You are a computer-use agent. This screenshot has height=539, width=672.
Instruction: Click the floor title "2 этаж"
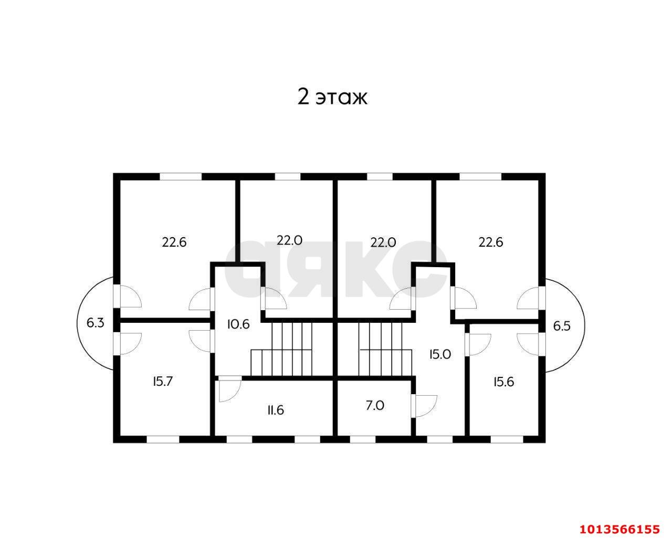pyautogui.click(x=332, y=97)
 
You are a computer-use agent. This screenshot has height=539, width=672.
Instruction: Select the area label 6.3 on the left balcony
pyautogui.click(x=95, y=323)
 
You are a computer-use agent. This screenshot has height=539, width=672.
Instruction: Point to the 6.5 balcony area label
pyautogui.click(x=562, y=326)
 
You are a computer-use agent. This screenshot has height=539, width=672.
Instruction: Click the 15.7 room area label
pyautogui.click(x=163, y=382)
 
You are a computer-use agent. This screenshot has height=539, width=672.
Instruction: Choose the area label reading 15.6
pyautogui.click(x=503, y=382)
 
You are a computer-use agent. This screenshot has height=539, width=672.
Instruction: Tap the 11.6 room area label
pyautogui.click(x=276, y=410)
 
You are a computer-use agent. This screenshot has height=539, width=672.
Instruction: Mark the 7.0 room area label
pyautogui.click(x=375, y=405)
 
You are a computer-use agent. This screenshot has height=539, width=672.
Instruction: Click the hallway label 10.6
pyautogui.click(x=238, y=324)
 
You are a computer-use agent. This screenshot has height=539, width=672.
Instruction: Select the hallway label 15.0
pyautogui.click(x=440, y=354)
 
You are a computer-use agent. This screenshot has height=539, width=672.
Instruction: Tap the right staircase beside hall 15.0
pyautogui.click(x=385, y=350)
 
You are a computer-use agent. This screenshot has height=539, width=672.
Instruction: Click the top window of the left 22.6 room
pyautogui.click(x=181, y=177)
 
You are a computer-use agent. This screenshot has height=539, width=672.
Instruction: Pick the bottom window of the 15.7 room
pyautogui.click(x=163, y=439)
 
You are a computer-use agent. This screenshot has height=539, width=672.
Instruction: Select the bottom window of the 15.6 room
pyautogui.click(x=507, y=439)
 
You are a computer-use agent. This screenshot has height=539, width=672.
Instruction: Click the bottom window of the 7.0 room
pyautogui.click(x=363, y=439)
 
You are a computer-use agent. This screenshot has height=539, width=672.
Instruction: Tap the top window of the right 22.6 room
pyautogui.click(x=480, y=177)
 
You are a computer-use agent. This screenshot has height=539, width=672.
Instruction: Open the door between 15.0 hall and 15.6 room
pyautogui.click(x=478, y=345)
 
